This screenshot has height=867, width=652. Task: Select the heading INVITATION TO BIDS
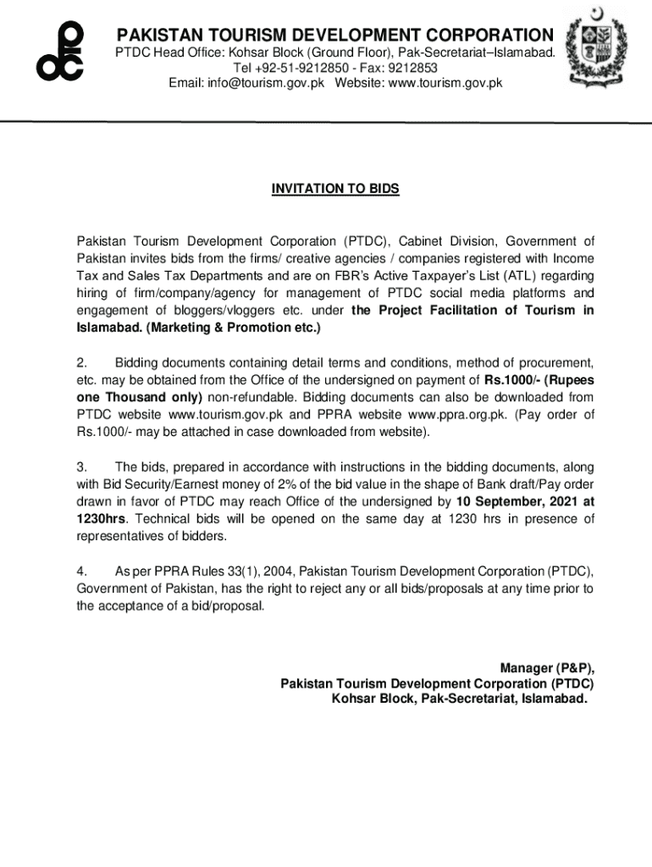334,189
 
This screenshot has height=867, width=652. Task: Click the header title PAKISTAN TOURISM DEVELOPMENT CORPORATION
334,36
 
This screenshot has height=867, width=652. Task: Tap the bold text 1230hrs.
99,518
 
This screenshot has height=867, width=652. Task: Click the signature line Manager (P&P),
546,666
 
